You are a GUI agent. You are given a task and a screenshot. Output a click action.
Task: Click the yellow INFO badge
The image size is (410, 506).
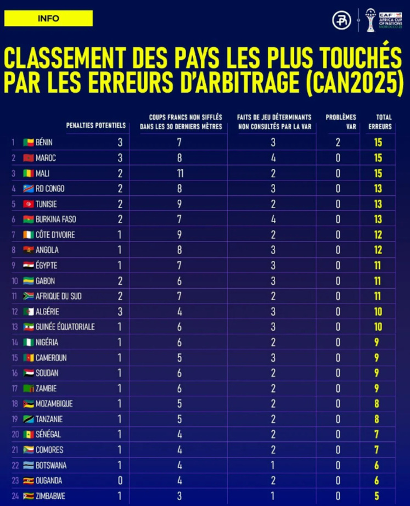[48, 18]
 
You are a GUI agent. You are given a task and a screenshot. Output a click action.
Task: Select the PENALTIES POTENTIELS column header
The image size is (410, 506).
[96, 126]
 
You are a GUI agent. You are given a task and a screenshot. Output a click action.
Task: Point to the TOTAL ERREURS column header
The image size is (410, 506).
[384, 122]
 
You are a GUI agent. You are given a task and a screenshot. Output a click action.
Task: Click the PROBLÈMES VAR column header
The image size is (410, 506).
[340, 122]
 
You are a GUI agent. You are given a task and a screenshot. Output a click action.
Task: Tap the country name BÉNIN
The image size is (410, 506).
[44, 143]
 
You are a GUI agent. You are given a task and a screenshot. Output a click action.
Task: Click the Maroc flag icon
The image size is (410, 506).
[28, 158]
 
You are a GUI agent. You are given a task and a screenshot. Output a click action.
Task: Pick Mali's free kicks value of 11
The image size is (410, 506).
[179, 173]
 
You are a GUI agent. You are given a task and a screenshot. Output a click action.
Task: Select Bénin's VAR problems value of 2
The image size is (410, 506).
[338, 143]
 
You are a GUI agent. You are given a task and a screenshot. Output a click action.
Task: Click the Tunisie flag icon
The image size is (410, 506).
[28, 204]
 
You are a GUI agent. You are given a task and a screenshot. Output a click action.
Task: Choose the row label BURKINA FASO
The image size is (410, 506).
[56, 220]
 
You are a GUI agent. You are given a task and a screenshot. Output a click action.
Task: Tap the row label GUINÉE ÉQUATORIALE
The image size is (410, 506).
[65, 327]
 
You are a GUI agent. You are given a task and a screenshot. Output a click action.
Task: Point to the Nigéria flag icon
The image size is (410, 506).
[28, 342]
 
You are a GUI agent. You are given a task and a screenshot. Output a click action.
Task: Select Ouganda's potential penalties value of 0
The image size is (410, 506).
[120, 481]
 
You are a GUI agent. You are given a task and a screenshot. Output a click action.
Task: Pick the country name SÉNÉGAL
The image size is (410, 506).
[48, 435]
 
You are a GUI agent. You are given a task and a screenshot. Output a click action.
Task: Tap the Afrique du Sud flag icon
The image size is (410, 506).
[28, 296]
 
